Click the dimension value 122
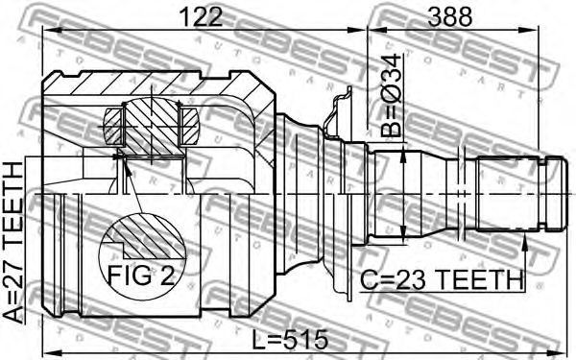pyautogui.click(x=203, y=17)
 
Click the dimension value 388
pyautogui.click(x=449, y=17)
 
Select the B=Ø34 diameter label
pyautogui.click(x=391, y=95)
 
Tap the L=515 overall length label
pyautogui.click(x=290, y=339)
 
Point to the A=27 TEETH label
pyautogui.click(x=13, y=243)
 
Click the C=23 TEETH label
pyautogui.click(x=442, y=280)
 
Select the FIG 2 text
pyautogui.click(x=141, y=276)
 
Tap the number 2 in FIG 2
pyautogui.click(x=168, y=276)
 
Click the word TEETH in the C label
pyautogui.click(x=481, y=280)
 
